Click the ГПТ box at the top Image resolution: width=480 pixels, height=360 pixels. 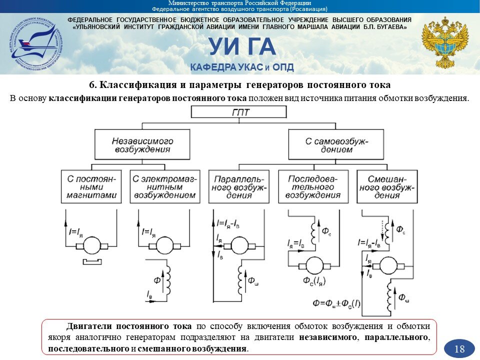click(x=240, y=112)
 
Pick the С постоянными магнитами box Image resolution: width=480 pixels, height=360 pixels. click(x=91, y=186)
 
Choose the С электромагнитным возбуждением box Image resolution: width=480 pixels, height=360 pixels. click(x=163, y=186)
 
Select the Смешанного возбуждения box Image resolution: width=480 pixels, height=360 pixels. click(x=386, y=186)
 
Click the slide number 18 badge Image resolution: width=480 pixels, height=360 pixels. click(x=459, y=348)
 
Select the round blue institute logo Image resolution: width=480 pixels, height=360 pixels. click(x=34, y=43)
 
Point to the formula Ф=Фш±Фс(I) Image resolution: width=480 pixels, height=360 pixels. click(x=338, y=303)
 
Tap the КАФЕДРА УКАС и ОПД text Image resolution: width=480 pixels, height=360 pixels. click(x=241, y=67)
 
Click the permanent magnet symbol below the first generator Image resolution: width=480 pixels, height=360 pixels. click(x=91, y=261)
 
